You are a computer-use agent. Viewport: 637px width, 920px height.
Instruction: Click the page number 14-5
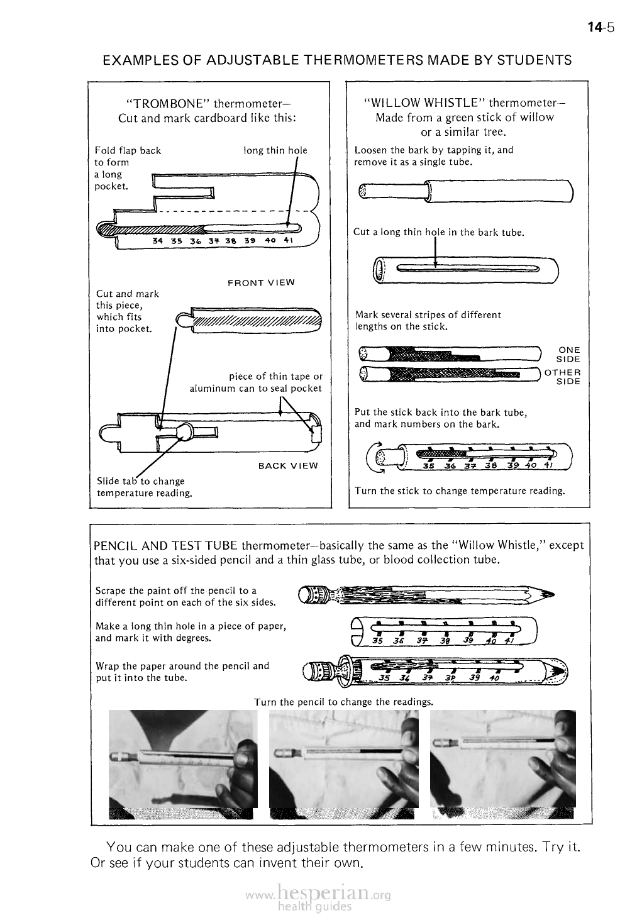coord(601,27)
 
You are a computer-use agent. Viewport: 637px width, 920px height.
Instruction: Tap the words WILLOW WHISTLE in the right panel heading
coord(424,103)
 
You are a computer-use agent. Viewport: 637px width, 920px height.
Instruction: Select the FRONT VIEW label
coord(260,282)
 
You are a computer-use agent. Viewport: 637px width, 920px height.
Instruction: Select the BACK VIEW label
coord(288,466)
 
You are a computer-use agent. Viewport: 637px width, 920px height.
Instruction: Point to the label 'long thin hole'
coord(275,150)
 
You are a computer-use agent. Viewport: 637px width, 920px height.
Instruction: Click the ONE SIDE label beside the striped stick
coord(568,355)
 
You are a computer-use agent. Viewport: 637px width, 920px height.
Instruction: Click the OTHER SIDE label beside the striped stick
coord(563,377)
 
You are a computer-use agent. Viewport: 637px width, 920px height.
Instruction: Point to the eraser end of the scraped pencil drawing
coord(304,593)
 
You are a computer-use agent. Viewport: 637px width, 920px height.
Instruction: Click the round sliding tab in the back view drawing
coord(186,431)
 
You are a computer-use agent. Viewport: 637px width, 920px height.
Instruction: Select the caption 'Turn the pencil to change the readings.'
coord(343,701)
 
